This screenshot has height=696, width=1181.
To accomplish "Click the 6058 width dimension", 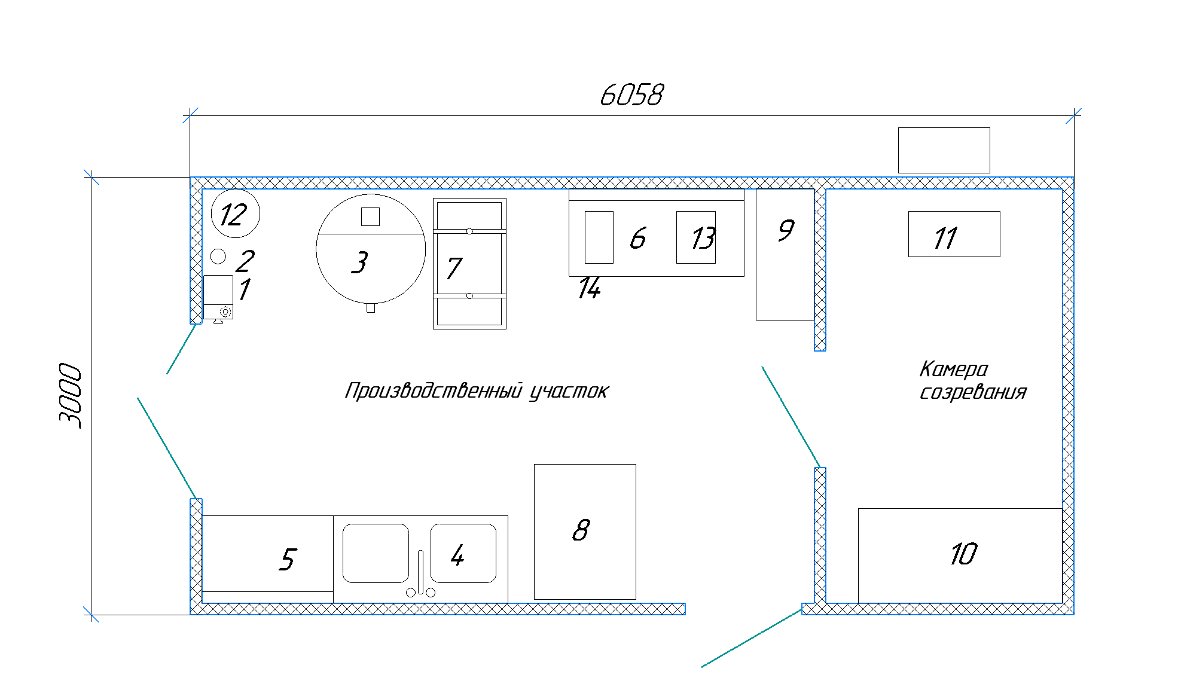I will [631, 95].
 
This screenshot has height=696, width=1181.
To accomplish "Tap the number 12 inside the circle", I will [233, 215].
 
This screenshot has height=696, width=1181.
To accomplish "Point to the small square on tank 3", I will [370, 216].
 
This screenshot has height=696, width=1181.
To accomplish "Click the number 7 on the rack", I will [454, 268].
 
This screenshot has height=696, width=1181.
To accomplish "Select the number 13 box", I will [696, 237].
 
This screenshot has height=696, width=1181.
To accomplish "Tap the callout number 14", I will [589, 288].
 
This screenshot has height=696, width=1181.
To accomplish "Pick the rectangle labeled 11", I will [954, 234].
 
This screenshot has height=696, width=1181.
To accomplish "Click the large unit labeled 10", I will [960, 555].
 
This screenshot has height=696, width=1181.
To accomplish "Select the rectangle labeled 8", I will [584, 532].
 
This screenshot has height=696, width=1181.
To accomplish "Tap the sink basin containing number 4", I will [463, 553].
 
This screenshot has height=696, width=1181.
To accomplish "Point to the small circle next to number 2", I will [218, 257].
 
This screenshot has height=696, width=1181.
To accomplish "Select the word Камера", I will [953, 370].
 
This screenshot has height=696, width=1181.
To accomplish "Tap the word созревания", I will [973, 392].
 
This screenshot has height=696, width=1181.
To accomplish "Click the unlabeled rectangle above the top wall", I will [944, 150].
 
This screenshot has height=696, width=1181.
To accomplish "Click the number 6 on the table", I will [638, 238].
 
